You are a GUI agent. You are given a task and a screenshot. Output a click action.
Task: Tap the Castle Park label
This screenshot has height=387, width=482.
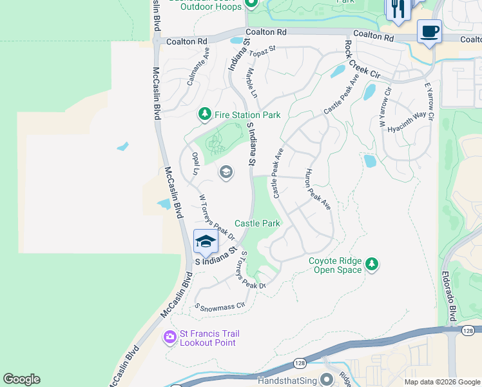click(x=257, y=223)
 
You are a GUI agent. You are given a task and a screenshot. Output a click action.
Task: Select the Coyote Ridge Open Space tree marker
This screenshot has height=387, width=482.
click(x=371, y=264)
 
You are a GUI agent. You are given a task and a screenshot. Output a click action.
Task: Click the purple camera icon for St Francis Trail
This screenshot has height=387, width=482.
click(x=170, y=337)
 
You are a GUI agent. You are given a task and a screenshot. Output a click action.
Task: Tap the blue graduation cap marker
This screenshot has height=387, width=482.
click(x=206, y=242)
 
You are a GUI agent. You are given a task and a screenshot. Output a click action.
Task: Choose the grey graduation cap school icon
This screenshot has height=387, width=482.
click(x=226, y=172)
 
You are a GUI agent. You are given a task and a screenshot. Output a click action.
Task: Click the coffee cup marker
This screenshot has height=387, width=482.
click(x=429, y=32)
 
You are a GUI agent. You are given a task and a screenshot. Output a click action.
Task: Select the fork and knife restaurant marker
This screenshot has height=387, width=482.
click(x=398, y=9)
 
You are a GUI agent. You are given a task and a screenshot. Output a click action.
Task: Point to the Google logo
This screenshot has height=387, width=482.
click(x=21, y=379)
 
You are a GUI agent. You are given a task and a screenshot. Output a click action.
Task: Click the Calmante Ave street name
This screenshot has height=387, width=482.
click(x=198, y=66)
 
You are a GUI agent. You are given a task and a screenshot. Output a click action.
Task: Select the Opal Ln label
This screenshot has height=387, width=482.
click(x=195, y=164)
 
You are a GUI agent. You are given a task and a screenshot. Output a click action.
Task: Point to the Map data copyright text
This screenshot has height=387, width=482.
click(x=441, y=382)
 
